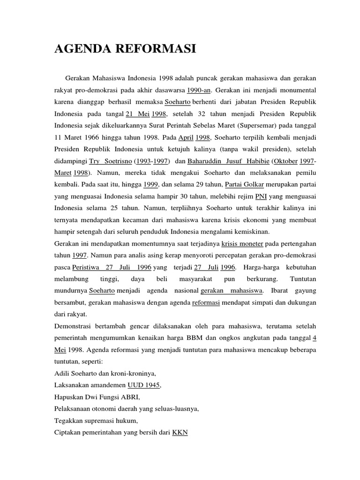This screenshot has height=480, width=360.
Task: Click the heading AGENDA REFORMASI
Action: pos(125,49)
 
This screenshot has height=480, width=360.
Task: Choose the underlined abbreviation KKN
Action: pos(180,433)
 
